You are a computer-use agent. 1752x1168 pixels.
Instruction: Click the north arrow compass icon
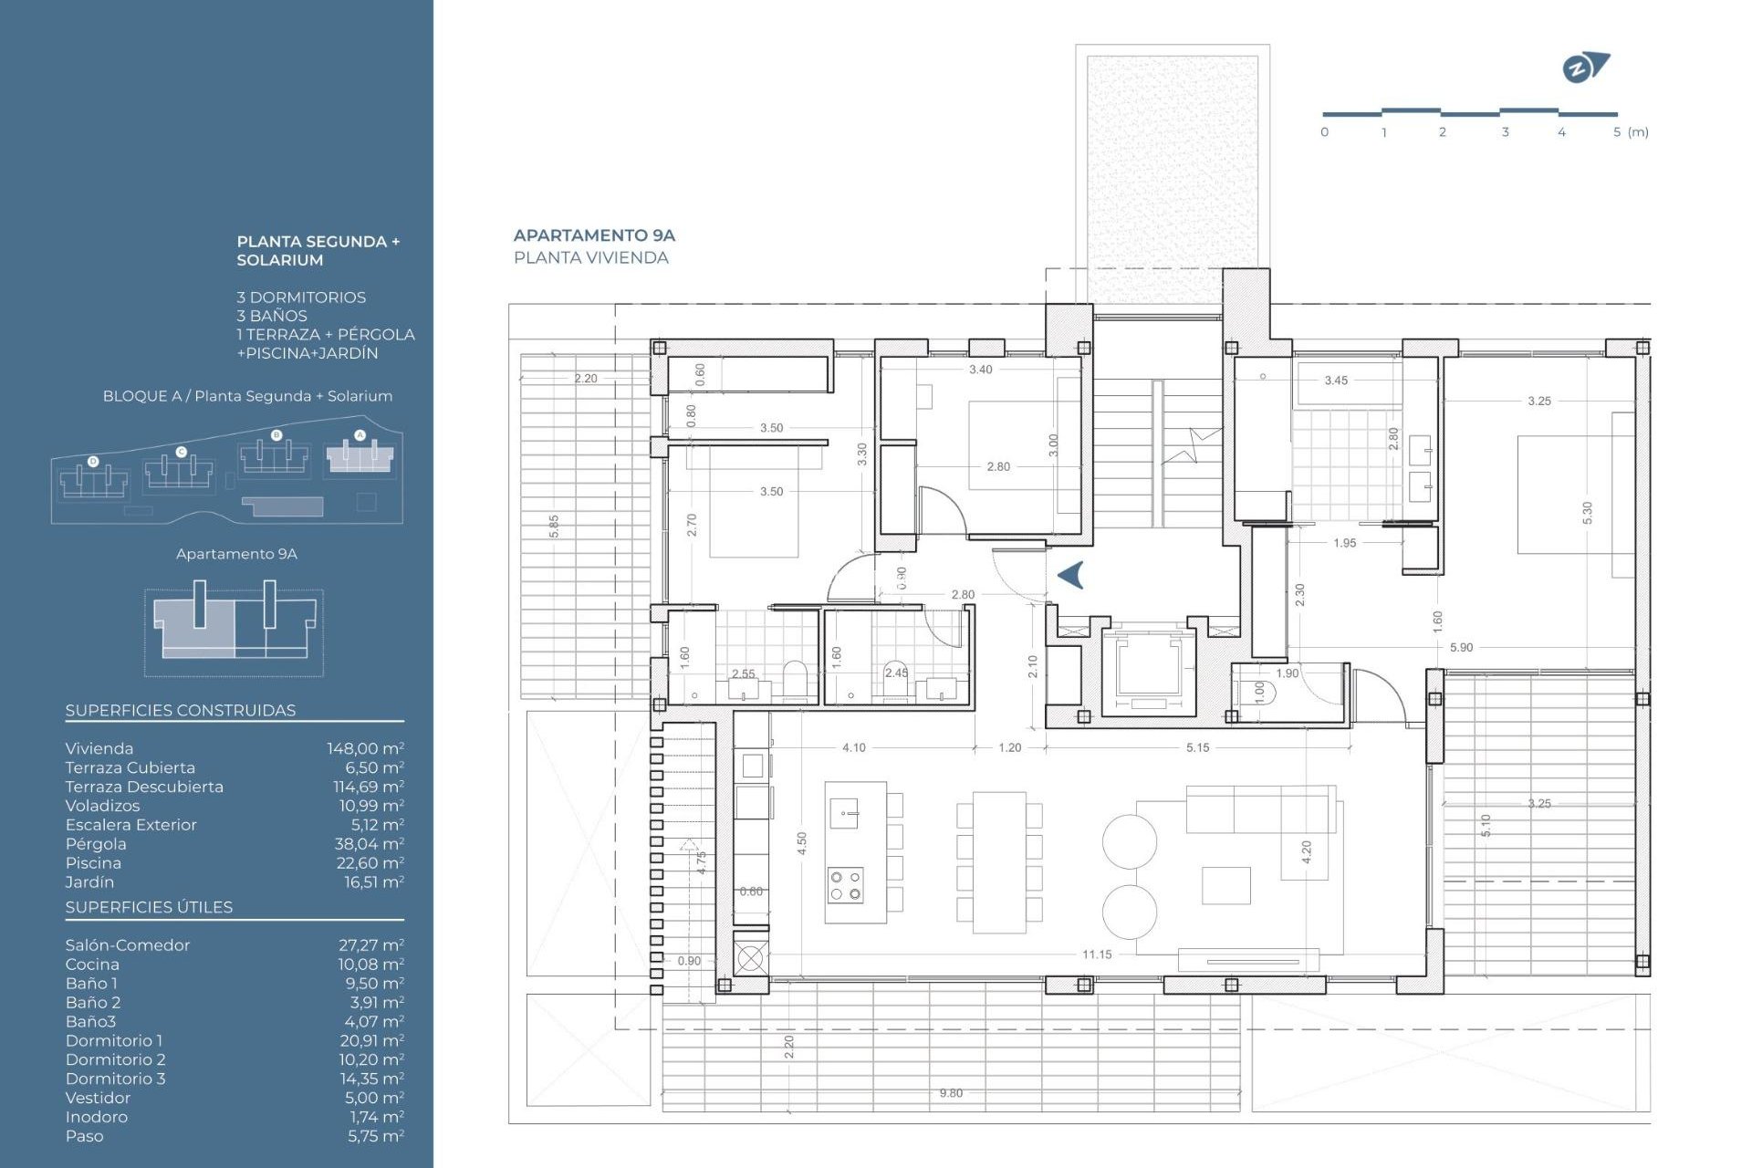coord(1585,68)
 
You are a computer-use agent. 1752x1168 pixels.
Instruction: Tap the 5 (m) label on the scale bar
coord(1630,132)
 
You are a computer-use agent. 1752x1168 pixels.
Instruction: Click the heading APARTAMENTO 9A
coord(594,235)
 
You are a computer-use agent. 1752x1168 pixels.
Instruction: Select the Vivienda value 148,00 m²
coord(365,748)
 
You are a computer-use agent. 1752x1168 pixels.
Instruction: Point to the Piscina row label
coord(93,863)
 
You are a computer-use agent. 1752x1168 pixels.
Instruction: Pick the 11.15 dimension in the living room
coord(1097,954)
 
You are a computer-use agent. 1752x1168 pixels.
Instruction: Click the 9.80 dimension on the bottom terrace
coord(951,1093)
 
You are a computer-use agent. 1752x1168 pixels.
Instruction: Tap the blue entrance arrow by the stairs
coord(1071,575)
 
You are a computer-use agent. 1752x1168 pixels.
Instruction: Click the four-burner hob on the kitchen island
coord(845,885)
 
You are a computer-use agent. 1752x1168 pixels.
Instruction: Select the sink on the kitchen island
coord(845,812)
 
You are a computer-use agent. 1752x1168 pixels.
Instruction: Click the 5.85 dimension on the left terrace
coord(554,527)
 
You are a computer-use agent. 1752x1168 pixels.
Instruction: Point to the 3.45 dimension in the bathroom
coord(1336,381)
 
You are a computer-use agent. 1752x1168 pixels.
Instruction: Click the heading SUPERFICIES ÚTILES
coord(149,907)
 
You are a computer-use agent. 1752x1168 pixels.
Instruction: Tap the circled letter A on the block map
coord(360,435)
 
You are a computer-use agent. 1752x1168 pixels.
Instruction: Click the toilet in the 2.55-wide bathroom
coord(796,679)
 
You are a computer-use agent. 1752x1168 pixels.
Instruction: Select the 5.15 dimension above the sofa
coord(1197,747)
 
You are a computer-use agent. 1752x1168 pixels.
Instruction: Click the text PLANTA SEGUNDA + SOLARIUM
coord(318,251)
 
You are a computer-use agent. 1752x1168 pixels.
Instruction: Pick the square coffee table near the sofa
coord(1225,885)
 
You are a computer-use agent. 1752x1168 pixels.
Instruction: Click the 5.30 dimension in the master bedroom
coord(1587,513)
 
